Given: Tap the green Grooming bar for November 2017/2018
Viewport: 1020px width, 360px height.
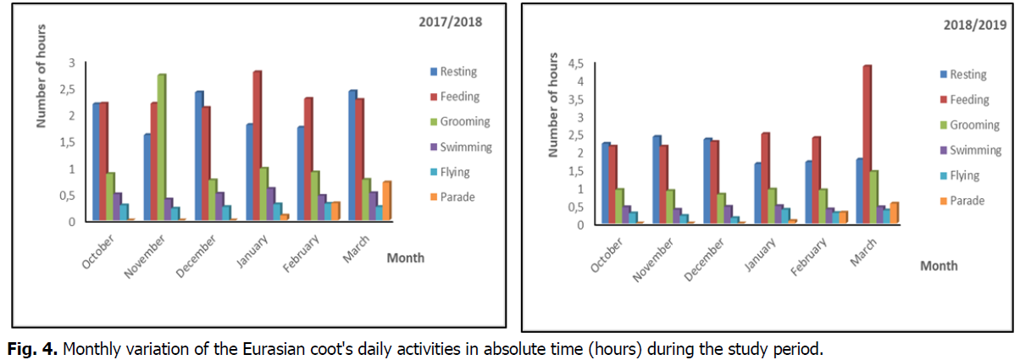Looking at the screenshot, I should (161, 147).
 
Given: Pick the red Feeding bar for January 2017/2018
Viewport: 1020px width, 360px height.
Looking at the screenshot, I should (258, 146).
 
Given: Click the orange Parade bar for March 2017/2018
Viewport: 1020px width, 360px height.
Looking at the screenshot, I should (386, 202).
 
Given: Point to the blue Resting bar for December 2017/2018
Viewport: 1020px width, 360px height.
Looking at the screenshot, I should (198, 156).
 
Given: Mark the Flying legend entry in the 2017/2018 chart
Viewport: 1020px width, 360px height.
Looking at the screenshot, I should (452, 173).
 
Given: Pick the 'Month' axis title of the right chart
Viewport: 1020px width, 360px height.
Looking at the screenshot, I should (939, 266).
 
